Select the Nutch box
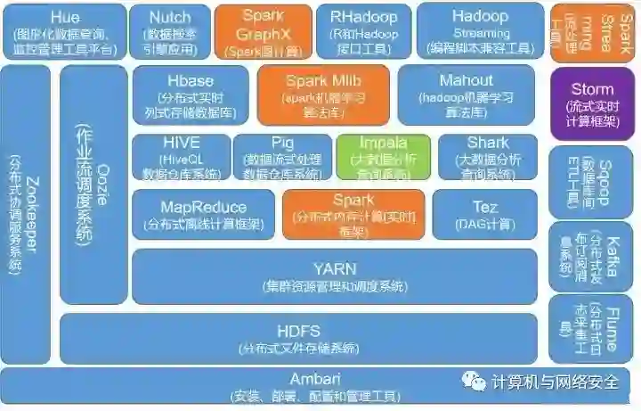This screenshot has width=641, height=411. pos(170,31)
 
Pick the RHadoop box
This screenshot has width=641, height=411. pos(363,31)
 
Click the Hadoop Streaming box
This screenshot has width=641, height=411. pos(480,31)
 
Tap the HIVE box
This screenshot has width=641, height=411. pos(181,156)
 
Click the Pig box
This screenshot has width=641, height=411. pos(282,156)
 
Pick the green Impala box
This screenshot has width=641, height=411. pos(383,156)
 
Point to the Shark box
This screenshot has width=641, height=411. pos(487,156)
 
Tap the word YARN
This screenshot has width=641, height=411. pos(335,268)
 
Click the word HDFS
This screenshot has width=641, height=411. pos(297,331)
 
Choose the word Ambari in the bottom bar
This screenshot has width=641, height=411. pos(315,378)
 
